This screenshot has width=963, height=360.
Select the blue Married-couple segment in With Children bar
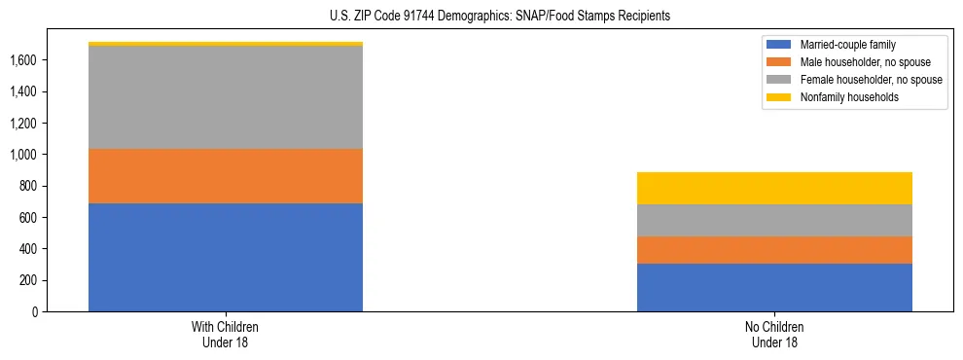226,257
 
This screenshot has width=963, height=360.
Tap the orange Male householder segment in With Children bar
226,176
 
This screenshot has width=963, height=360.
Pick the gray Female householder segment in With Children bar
226,97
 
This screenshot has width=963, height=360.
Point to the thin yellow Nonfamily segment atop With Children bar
226,44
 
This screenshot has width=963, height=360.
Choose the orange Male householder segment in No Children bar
774,250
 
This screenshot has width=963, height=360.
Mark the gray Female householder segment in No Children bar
774,221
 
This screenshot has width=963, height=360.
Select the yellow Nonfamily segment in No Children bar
774,189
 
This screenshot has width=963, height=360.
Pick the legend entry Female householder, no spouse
870,80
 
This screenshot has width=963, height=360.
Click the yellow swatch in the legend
779,98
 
